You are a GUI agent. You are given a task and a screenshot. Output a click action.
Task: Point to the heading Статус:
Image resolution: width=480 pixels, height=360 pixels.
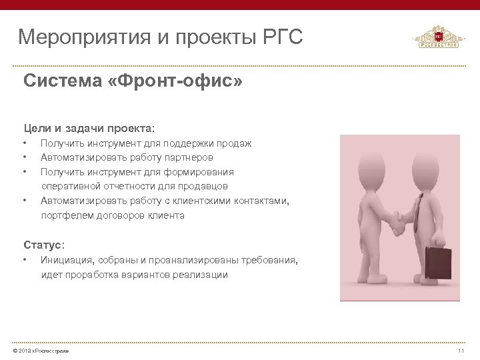click(x=44, y=244)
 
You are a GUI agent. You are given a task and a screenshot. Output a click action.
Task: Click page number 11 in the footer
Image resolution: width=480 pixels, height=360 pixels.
click(x=460, y=351)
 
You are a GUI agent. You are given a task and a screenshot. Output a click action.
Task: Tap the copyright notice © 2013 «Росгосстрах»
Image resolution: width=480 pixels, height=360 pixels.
click(x=36, y=351)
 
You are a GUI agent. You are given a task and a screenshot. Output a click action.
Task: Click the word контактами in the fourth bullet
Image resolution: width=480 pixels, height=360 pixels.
click(x=264, y=201)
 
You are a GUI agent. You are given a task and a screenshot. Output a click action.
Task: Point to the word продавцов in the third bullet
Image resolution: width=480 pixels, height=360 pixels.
click(x=204, y=186)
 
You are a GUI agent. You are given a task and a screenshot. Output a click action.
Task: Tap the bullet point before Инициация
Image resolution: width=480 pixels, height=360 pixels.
click(x=25, y=259)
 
